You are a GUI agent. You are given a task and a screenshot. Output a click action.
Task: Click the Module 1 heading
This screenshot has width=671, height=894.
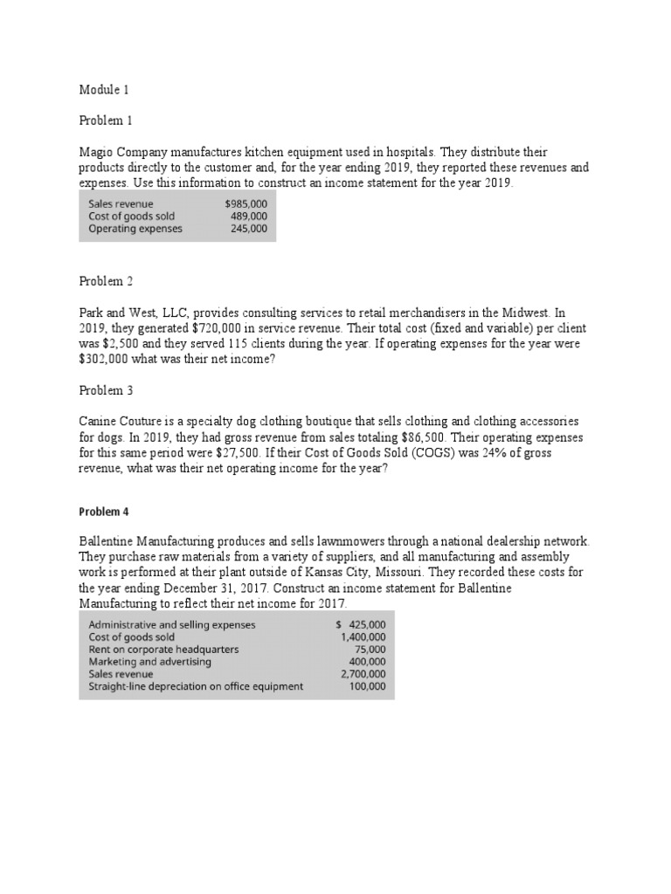(x=104, y=89)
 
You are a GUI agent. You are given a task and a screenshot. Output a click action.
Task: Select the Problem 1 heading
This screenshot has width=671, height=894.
(x=106, y=120)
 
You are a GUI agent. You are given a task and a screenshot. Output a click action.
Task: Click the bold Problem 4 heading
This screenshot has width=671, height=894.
(x=104, y=512)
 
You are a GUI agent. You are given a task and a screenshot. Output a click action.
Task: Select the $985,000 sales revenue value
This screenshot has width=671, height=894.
(x=246, y=204)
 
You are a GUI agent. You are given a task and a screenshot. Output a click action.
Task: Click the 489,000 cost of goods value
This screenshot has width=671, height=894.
(x=249, y=217)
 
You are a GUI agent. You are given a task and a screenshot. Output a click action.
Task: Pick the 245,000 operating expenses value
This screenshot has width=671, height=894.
(x=249, y=229)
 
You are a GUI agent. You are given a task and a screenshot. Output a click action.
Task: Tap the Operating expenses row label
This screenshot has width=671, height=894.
(x=135, y=229)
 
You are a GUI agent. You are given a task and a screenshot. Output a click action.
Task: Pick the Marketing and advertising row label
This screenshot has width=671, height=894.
(x=150, y=662)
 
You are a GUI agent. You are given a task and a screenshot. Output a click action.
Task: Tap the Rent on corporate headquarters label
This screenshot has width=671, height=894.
(x=163, y=650)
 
